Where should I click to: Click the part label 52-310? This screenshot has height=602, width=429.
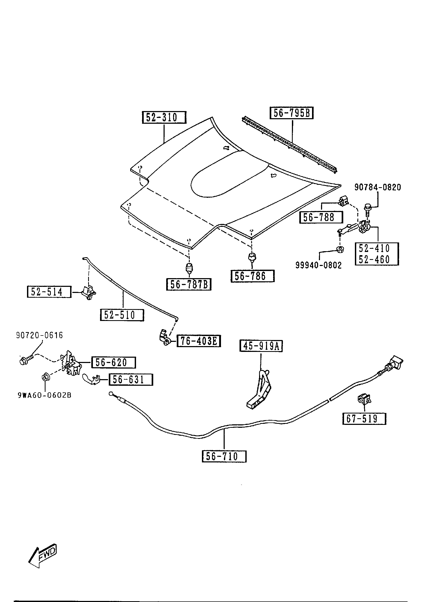tap(164, 117)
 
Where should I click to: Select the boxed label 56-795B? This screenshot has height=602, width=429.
tap(291, 113)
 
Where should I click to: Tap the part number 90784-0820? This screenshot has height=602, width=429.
tap(378, 187)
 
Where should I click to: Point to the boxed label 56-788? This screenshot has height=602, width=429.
tap(321, 217)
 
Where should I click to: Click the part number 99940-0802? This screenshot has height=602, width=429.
tap(319, 265)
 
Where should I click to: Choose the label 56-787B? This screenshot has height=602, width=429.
tap(189, 284)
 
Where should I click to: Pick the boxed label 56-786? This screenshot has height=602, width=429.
tap(252, 276)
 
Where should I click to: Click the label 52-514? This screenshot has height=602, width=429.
tap(49, 292)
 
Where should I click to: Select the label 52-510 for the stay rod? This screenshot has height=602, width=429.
tap(122, 315)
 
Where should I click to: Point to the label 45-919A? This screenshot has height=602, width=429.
tap(261, 346)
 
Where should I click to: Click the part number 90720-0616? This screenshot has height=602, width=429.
tap(40, 336)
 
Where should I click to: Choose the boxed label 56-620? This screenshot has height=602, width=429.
tap(113, 362)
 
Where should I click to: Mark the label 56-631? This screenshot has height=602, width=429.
tap(130, 380)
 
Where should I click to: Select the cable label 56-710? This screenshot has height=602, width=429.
tap(224, 456)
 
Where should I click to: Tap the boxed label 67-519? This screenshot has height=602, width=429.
tap(364, 419)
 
